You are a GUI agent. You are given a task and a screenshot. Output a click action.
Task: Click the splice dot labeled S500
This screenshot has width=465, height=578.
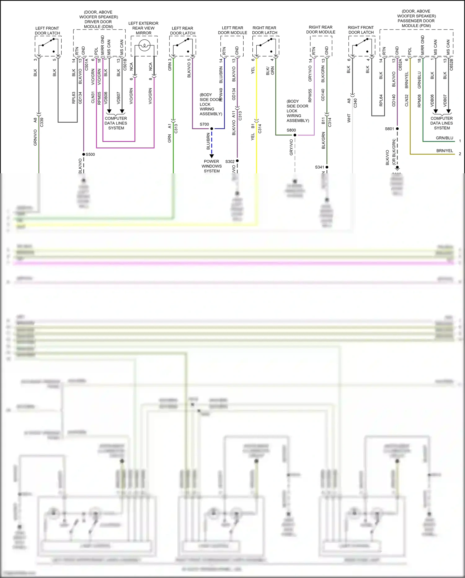[x=84, y=154]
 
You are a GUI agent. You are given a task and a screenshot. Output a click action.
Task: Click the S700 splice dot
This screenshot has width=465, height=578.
[x=212, y=129]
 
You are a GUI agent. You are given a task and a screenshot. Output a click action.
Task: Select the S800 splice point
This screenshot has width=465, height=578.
[x=295, y=135]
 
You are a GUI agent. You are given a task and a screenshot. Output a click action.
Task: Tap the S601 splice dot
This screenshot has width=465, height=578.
[x=397, y=129]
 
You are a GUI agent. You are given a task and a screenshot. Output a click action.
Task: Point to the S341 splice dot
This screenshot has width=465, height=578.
[x=327, y=167]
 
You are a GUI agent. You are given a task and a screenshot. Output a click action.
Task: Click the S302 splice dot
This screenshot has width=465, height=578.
[x=237, y=161]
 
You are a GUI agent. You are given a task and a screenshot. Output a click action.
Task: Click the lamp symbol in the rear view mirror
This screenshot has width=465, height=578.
[x=144, y=46]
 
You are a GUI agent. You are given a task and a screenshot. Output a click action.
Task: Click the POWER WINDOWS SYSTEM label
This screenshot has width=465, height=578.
[x=211, y=166]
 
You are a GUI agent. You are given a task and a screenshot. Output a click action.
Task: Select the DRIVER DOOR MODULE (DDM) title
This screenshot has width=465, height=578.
[x=98, y=19]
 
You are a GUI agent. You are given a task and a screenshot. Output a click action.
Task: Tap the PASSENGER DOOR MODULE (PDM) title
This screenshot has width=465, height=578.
[x=416, y=19]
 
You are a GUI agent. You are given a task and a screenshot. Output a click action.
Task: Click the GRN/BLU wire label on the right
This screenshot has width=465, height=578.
[x=444, y=138]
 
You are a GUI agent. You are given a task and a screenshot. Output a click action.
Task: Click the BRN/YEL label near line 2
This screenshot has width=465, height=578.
[x=445, y=151]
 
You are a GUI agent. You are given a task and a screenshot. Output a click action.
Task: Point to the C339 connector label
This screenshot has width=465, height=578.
[x=42, y=122]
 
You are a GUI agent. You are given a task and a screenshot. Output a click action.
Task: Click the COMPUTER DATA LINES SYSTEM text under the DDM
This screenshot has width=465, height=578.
[x=116, y=123]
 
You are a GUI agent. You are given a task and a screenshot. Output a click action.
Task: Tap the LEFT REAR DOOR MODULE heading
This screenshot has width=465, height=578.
[x=232, y=30]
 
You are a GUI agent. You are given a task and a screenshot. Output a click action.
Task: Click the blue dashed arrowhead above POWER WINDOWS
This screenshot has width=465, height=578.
[x=212, y=156]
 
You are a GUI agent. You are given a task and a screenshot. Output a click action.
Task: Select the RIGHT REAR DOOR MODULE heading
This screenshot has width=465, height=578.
[x=321, y=30]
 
